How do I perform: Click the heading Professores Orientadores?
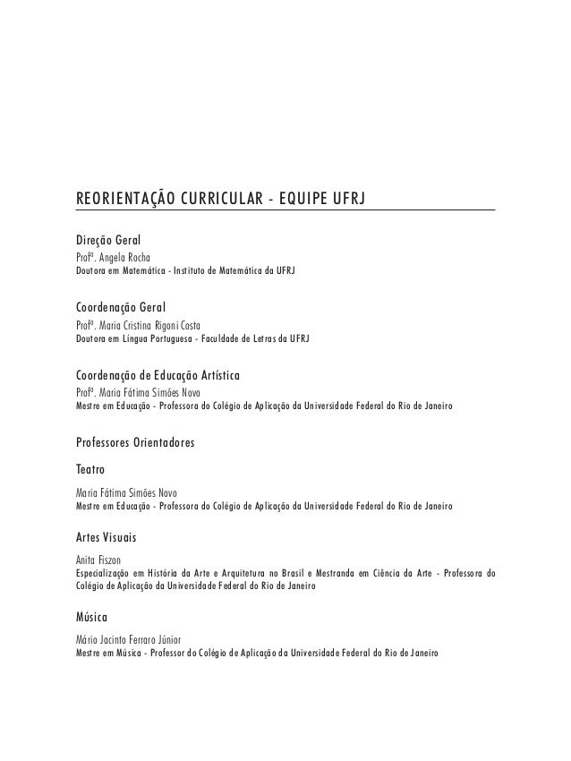pos(136,442)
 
